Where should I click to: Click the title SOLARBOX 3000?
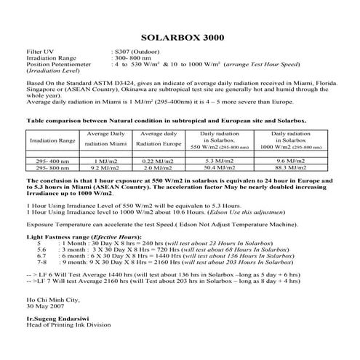(x=180, y=37)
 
